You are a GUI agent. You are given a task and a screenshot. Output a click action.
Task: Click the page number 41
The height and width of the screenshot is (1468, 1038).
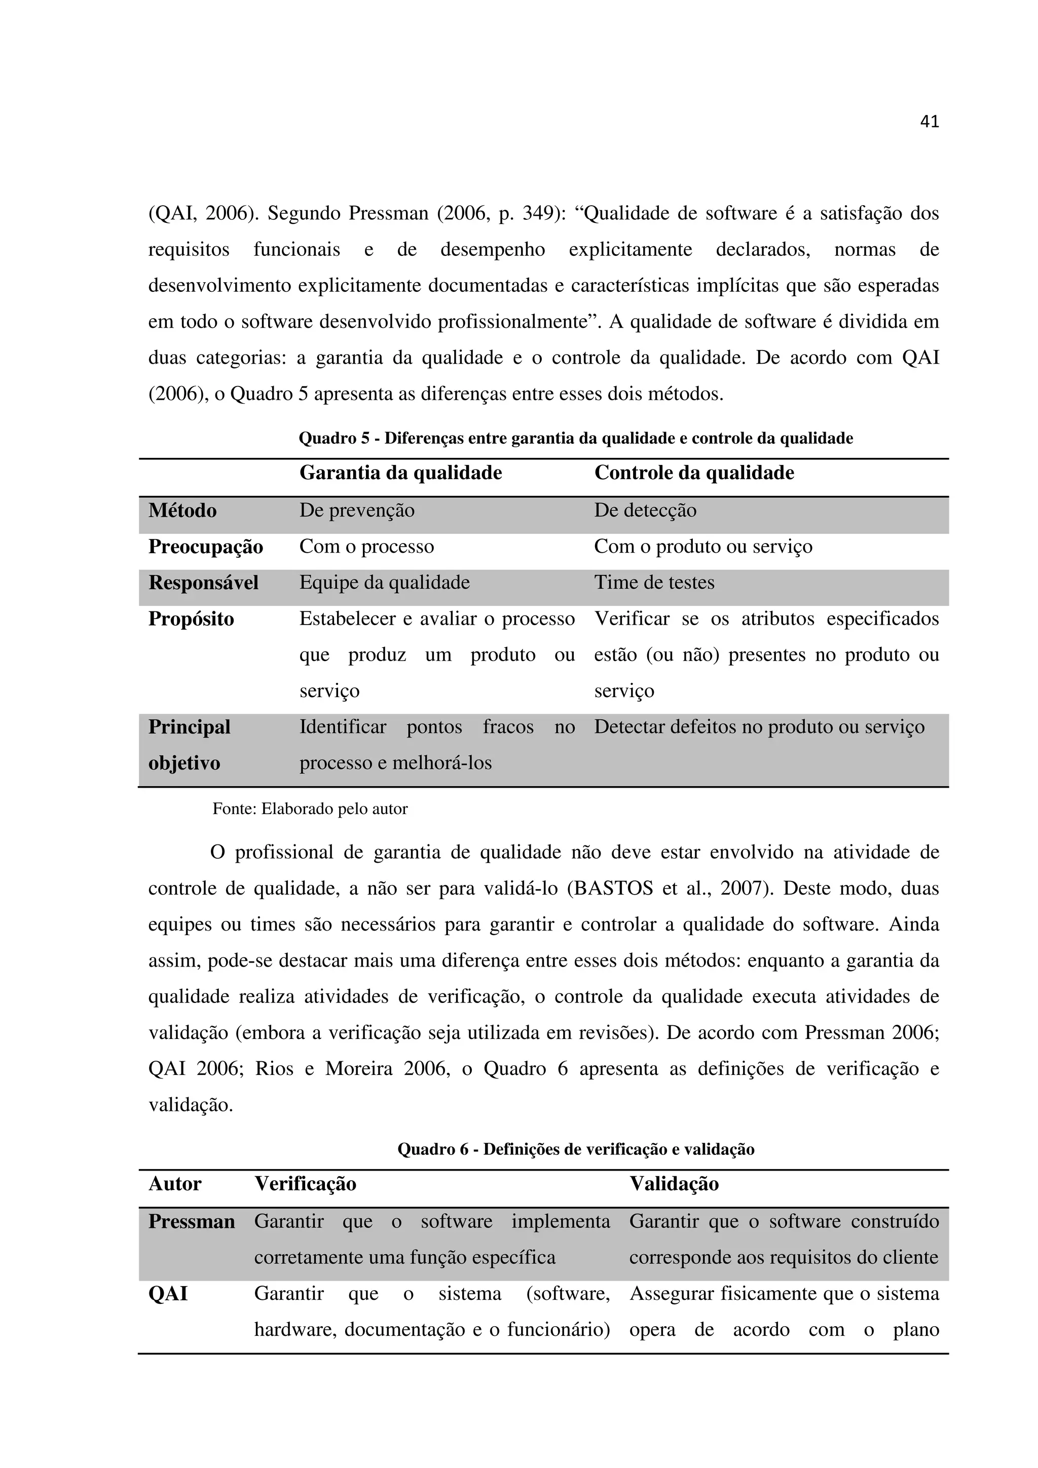click(929, 122)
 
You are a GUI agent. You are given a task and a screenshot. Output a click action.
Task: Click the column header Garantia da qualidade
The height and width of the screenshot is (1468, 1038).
click(400, 473)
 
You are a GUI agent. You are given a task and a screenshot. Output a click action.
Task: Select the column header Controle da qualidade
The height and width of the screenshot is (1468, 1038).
click(694, 473)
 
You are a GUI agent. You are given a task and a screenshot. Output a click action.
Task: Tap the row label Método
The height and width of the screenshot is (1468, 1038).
click(182, 511)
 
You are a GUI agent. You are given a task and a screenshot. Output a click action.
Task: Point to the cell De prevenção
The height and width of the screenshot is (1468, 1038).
click(357, 511)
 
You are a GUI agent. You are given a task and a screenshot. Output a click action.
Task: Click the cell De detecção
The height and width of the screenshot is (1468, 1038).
click(645, 511)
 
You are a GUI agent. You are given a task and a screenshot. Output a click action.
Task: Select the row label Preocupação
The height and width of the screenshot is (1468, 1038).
click(205, 547)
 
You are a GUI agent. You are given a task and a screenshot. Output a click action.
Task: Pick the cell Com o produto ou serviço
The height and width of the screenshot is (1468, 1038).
click(703, 547)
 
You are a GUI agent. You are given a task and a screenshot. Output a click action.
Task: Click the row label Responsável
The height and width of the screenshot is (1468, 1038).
click(203, 583)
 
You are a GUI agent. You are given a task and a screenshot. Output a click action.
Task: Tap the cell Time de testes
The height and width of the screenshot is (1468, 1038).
click(654, 583)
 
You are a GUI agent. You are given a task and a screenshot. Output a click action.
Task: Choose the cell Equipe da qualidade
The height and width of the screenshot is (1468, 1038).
click(384, 583)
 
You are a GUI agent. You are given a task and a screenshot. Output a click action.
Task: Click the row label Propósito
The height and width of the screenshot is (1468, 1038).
click(191, 620)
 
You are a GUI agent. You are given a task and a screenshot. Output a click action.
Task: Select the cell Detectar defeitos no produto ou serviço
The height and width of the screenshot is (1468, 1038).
click(759, 727)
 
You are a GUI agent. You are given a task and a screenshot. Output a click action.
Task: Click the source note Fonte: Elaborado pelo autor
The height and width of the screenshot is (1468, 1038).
click(310, 809)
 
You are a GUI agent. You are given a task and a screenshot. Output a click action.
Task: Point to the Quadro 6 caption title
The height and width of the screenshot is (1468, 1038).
click(576, 1149)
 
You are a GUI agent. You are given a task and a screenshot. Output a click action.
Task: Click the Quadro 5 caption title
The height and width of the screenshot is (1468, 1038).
click(576, 439)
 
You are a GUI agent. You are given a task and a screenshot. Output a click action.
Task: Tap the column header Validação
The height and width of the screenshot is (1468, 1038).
click(674, 1184)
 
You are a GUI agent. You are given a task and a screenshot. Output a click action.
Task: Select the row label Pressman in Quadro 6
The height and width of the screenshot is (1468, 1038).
click(191, 1222)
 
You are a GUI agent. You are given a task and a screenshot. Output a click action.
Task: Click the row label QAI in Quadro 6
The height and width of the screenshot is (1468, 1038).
click(168, 1294)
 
